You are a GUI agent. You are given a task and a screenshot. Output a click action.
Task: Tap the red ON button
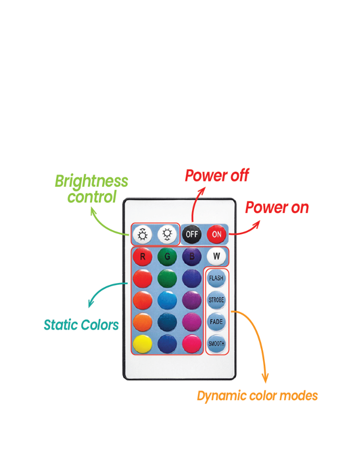217,234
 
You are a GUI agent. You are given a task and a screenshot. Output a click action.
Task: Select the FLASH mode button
216,278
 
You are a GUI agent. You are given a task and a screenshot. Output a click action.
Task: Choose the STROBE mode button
216,300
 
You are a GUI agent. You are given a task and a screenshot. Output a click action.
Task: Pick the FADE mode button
216,322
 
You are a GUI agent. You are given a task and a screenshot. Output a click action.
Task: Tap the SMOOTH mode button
216,344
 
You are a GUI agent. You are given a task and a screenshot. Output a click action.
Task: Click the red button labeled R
142,256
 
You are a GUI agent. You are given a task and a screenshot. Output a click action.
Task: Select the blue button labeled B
192,256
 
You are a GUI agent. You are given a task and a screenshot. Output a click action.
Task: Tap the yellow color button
142,344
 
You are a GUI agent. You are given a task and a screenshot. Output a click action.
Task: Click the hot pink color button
192,344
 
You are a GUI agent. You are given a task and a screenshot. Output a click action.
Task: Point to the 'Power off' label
217,176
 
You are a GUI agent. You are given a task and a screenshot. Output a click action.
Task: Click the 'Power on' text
277,208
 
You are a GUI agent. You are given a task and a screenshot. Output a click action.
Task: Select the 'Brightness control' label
92,189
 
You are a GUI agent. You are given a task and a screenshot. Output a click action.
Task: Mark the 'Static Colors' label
81,325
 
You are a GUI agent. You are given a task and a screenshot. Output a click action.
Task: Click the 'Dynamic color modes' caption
257,396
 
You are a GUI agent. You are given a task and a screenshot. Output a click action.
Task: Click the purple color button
192,300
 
